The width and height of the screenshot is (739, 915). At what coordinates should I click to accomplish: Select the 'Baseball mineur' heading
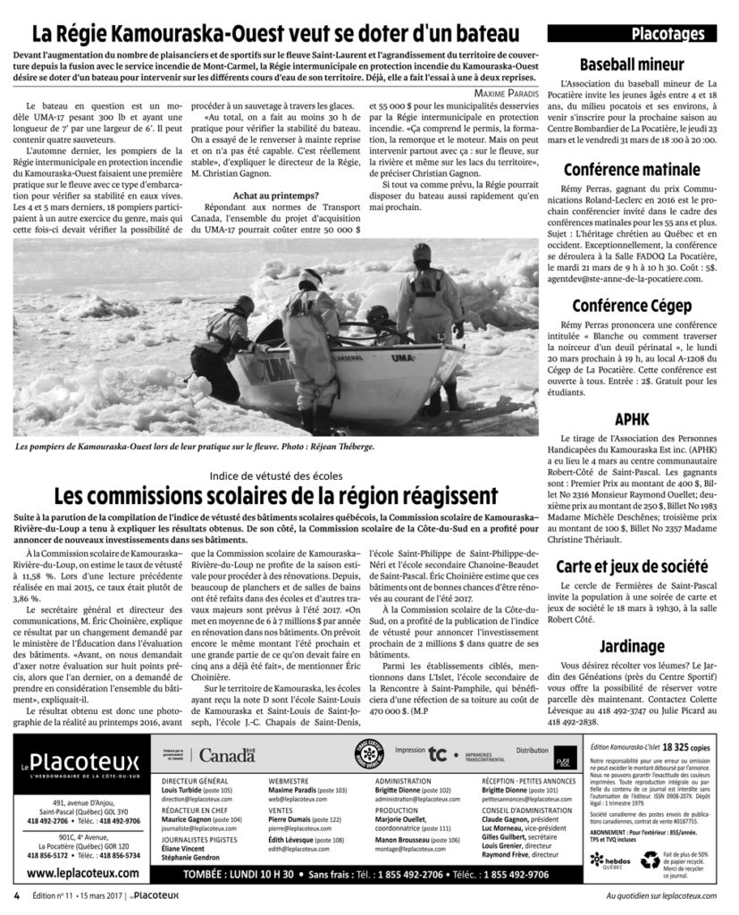pos(633,64)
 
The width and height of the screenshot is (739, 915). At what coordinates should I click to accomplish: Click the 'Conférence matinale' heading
pos(633,170)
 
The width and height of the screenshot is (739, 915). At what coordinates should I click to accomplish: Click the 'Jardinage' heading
pos(633,645)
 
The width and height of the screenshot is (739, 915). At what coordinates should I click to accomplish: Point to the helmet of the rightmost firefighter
pos(422,252)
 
